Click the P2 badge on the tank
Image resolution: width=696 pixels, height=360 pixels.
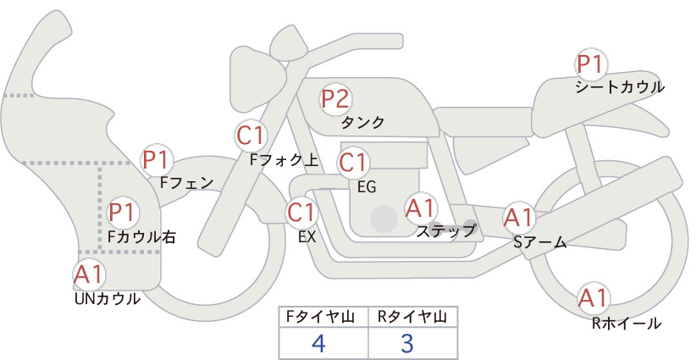(335, 99)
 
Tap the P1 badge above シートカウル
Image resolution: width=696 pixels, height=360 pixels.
(591, 65)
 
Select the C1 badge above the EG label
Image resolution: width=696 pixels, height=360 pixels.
(353, 163)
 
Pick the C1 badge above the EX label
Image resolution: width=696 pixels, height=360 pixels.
(302, 213)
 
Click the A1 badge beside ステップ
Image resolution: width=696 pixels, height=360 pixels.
(420, 208)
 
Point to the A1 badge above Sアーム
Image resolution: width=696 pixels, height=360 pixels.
(518, 218)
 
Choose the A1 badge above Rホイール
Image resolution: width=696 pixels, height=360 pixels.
(593, 298)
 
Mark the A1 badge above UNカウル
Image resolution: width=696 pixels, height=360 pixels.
(89, 274)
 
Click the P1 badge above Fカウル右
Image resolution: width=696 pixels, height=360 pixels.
(122, 213)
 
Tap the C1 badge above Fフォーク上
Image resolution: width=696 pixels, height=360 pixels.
(251, 136)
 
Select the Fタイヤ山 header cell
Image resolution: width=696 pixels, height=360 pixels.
(323, 317)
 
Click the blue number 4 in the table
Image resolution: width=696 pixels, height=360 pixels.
(319, 343)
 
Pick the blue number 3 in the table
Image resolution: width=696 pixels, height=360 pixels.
(407, 343)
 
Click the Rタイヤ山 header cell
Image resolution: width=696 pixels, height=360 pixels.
(413, 317)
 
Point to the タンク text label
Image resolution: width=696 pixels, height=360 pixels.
(362, 123)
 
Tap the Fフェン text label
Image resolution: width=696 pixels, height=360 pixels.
(186, 182)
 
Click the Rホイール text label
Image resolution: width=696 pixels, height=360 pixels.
(627, 324)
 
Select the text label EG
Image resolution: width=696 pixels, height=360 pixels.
(367, 187)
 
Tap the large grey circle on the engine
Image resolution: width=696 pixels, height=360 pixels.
(384, 219)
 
